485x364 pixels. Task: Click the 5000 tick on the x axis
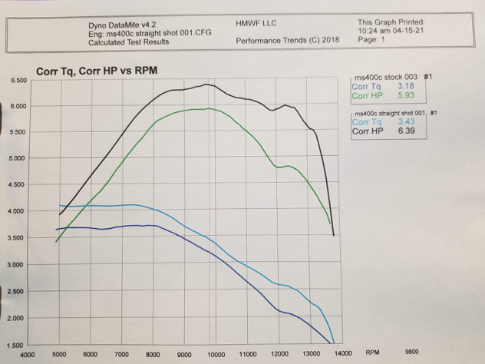tap(58, 354)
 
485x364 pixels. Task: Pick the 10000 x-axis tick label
tap(216, 354)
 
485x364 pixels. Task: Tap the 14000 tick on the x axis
tap(341, 354)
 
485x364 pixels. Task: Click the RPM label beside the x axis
tap(373, 353)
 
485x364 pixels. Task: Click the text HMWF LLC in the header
tap(256, 24)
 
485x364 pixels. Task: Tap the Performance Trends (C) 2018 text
tap(276, 39)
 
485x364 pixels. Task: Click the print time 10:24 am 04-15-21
tap(393, 31)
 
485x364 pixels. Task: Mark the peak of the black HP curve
tap(207, 84)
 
